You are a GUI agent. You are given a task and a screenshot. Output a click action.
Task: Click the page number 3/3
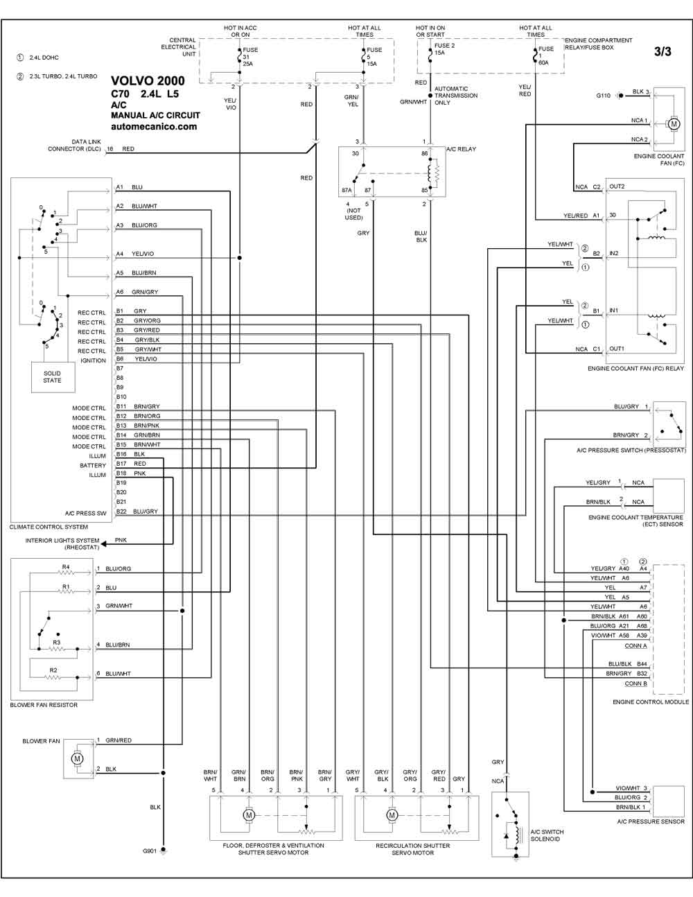[663, 51]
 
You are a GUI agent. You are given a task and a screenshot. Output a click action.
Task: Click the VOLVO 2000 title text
[148, 81]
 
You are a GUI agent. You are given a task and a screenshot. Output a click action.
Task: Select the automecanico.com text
[154, 127]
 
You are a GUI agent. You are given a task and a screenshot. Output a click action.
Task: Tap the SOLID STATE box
[53, 377]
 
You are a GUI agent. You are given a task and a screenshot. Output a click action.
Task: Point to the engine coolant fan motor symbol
[674, 124]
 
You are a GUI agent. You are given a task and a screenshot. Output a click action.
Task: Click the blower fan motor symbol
[77, 758]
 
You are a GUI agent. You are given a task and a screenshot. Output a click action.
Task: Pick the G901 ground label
[149, 851]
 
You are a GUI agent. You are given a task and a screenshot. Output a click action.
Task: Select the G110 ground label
[603, 96]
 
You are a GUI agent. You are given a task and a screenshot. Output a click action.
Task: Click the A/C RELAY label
[461, 149]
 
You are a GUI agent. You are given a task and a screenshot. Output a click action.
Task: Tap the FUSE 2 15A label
[444, 49]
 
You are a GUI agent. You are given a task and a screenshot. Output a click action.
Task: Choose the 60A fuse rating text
[544, 63]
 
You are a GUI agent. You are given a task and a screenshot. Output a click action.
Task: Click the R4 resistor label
[66, 567]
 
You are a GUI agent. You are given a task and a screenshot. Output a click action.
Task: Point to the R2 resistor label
[53, 670]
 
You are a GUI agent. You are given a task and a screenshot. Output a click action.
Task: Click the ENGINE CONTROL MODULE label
[651, 702]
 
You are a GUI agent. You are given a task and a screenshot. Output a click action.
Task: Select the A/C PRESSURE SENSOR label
[651, 822]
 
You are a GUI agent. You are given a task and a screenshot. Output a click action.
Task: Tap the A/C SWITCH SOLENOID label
[547, 835]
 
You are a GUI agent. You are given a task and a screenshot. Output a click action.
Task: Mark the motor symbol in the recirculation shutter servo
[392, 815]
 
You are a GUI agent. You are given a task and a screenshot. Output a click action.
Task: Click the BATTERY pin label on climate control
[93, 465]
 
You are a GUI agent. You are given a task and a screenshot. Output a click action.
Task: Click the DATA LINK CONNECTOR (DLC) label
[74, 145]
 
